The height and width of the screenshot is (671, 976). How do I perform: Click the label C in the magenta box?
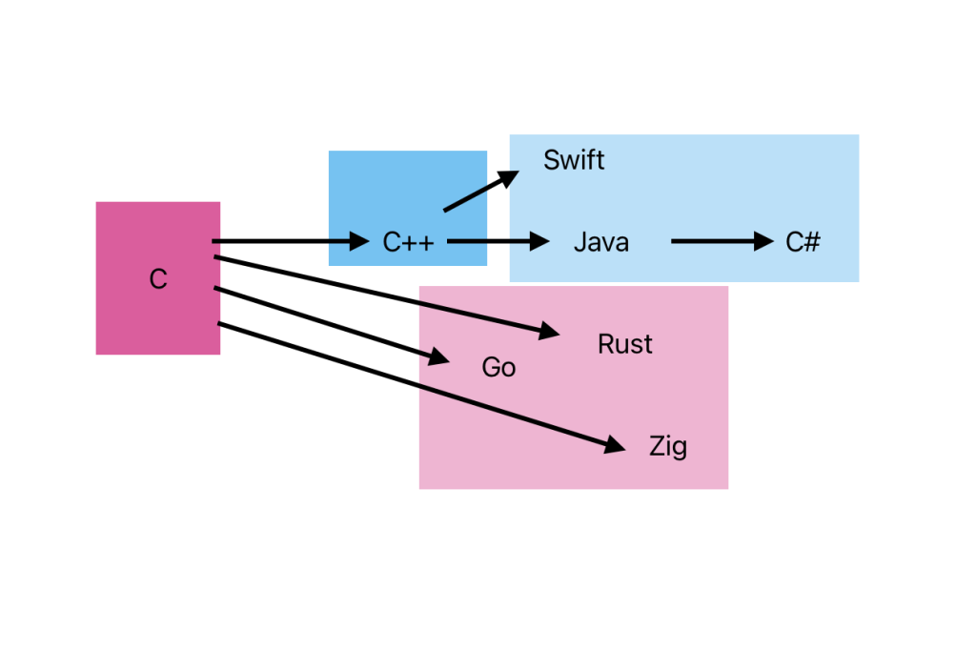click(x=158, y=279)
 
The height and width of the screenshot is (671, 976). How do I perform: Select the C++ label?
click(x=408, y=243)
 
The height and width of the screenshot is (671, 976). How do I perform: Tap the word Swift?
click(x=574, y=160)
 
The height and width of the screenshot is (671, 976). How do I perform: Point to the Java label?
click(x=600, y=242)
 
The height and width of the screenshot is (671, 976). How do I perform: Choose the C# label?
click(x=803, y=242)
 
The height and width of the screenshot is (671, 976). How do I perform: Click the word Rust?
click(x=624, y=344)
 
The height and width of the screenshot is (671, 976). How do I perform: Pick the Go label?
click(x=498, y=367)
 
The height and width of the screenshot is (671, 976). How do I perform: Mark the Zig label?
click(x=667, y=446)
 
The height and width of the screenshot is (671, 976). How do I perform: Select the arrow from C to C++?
click(x=286, y=242)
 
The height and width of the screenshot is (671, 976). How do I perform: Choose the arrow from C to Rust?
click(x=381, y=295)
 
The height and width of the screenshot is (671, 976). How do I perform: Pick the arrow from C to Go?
click(x=324, y=322)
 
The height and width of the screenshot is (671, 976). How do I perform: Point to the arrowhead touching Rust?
click(x=550, y=332)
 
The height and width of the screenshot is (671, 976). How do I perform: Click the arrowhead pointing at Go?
click(x=438, y=358)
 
